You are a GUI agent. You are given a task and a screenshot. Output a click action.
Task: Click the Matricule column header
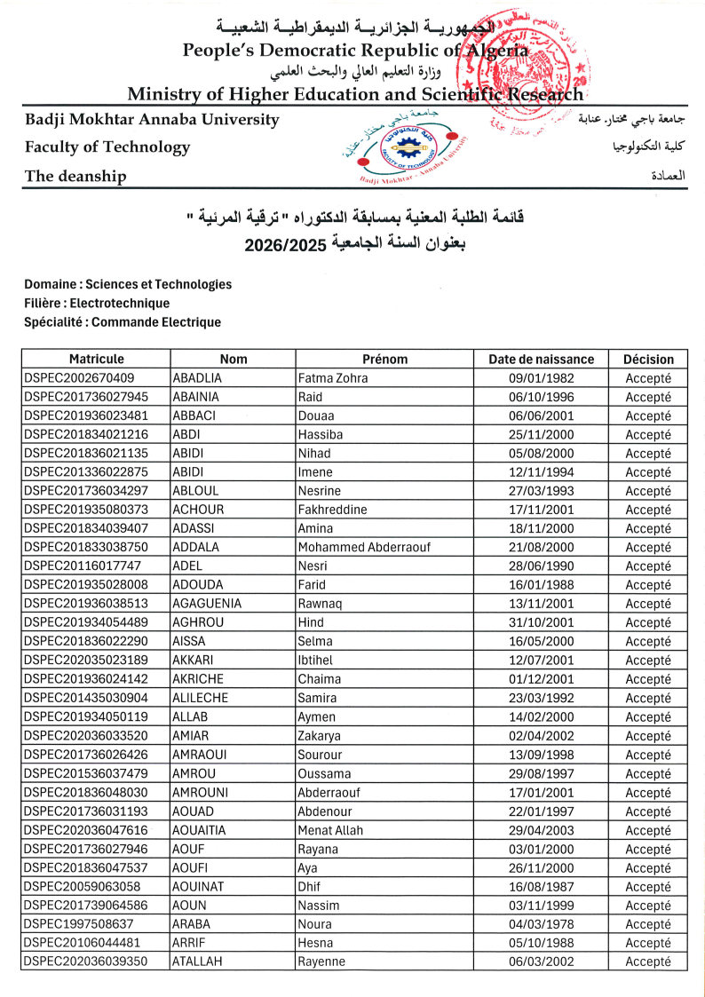(x=96, y=360)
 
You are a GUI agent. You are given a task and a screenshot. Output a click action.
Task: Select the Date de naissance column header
(x=541, y=360)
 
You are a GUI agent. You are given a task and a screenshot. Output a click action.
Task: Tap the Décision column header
(x=648, y=360)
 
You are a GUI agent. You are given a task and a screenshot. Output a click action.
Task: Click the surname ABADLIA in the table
(x=196, y=378)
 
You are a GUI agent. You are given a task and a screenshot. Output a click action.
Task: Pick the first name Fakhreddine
(x=333, y=510)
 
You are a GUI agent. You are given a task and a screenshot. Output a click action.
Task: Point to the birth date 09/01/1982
(x=541, y=378)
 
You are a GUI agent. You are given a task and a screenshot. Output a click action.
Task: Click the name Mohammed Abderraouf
(x=364, y=548)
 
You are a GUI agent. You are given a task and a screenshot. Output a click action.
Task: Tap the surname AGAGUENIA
(x=207, y=604)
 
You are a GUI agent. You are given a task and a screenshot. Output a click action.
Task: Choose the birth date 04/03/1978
(x=541, y=924)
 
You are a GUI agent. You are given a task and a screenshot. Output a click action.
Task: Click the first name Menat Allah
(x=330, y=830)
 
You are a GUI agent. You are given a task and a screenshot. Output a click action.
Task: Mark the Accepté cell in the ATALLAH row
(x=648, y=961)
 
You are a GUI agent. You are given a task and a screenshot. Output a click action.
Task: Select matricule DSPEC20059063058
(x=82, y=887)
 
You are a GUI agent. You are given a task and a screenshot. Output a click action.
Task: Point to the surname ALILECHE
(x=201, y=698)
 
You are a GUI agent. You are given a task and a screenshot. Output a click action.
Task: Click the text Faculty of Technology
(x=107, y=146)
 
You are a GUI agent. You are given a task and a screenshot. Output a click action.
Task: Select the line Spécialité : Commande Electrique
(x=123, y=322)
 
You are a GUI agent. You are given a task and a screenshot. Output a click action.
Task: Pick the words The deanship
(x=75, y=176)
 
